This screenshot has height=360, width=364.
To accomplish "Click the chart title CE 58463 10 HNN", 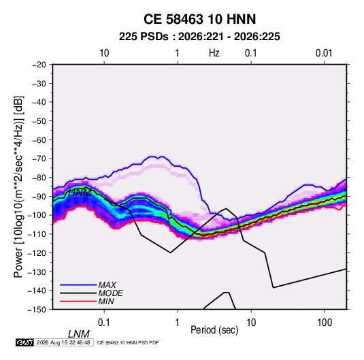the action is (199, 19).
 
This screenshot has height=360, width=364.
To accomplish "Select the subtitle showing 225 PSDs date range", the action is (199, 37).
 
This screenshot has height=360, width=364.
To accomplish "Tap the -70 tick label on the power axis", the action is (39, 159).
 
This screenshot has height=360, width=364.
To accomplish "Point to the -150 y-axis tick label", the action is (37, 310).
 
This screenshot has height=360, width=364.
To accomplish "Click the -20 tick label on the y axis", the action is (39, 65).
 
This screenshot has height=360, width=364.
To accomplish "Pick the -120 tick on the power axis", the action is (37, 253).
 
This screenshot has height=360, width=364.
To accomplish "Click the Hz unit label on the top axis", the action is (214, 53).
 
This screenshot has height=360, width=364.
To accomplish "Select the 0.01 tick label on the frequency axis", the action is (324, 53).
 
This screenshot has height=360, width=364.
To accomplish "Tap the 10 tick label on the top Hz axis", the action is (104, 53).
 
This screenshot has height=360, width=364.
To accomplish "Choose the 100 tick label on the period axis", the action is (325, 323).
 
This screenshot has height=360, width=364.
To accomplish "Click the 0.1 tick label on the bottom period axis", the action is (104, 323).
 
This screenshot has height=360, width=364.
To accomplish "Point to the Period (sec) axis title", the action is (214, 330).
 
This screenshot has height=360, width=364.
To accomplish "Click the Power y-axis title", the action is (18, 186).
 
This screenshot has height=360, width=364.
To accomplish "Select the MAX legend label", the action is (107, 285).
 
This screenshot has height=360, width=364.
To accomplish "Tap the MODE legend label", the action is (110, 293).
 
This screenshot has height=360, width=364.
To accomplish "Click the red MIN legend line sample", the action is (78, 301).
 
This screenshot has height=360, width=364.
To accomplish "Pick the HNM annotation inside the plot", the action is (80, 193).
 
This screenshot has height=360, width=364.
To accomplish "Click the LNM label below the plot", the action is (78, 334).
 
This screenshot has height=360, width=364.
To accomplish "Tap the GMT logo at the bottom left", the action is (25, 342).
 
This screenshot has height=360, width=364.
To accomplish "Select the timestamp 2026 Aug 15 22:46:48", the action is (63, 342).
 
